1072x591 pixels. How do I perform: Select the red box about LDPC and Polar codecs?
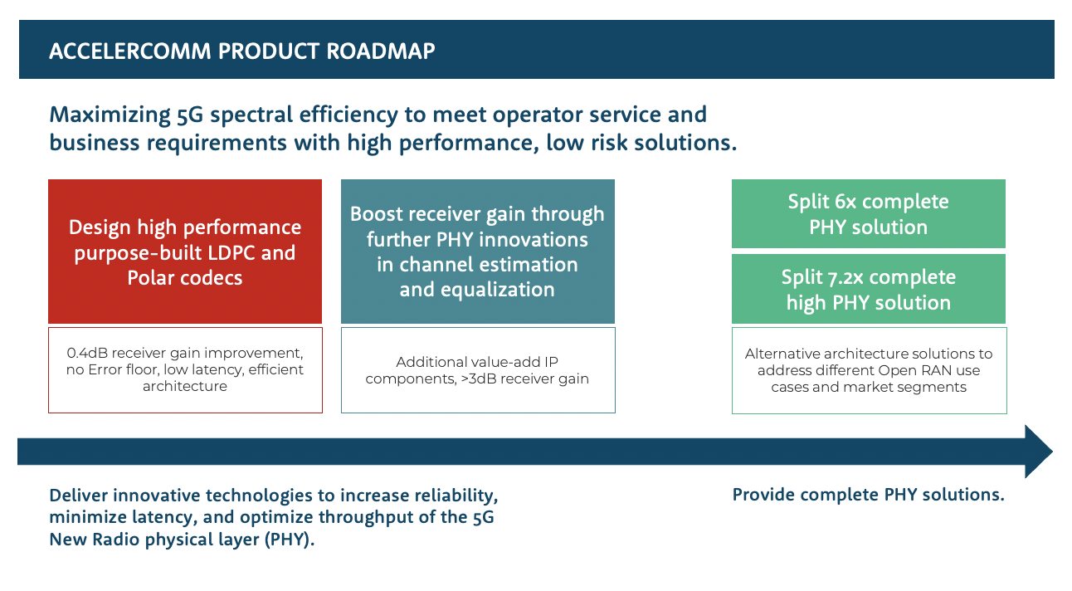click(x=185, y=252)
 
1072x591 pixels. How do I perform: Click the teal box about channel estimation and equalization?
click(x=477, y=252)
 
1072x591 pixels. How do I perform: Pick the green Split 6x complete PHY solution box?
click(x=868, y=214)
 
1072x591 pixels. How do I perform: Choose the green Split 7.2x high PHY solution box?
click(x=868, y=289)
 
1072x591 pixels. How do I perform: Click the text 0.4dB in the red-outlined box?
click(x=86, y=353)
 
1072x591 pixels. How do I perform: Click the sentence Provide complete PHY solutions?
click(x=868, y=495)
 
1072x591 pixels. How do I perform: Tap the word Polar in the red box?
click(x=153, y=278)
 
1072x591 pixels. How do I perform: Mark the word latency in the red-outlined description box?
click(x=222, y=369)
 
